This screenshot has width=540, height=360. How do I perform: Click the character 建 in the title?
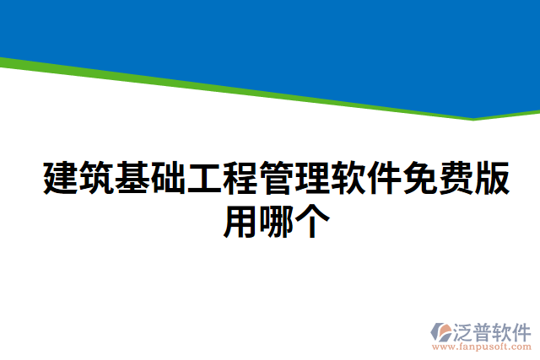click(59, 178)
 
